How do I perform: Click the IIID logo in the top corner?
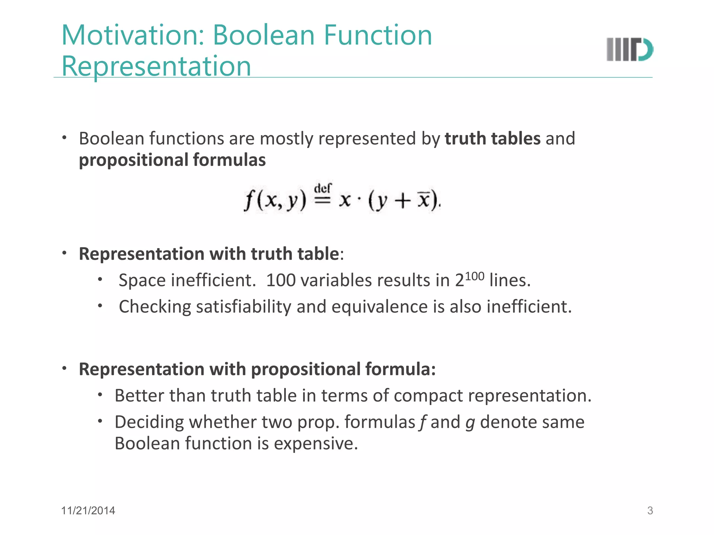[x=630, y=49]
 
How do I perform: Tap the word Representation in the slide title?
[x=156, y=66]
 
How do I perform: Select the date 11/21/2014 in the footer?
[x=88, y=511]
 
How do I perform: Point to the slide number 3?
[x=650, y=511]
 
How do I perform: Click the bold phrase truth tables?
[x=492, y=139]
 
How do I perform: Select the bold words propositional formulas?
[x=172, y=160]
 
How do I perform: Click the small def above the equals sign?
[x=323, y=188]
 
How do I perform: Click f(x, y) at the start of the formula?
[x=275, y=201]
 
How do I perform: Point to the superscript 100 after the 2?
[x=474, y=276]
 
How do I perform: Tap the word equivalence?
[x=380, y=307]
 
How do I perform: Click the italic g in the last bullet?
[x=470, y=423]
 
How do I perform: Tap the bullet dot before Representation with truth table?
[x=64, y=253]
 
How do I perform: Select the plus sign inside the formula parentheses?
[x=403, y=201]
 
